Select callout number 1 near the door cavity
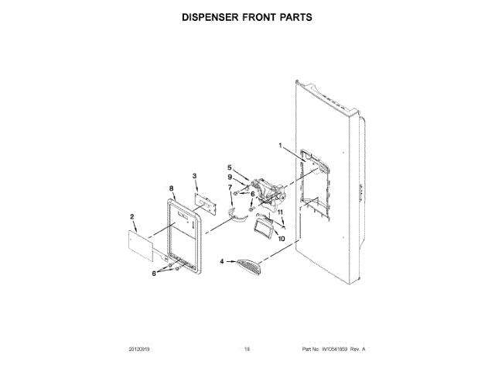click(281, 146)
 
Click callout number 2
click(132, 216)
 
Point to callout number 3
click(195, 177)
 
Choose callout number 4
click(222, 262)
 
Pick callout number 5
click(230, 167)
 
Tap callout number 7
click(230, 187)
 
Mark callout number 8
click(171, 188)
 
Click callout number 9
click(230, 177)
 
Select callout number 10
click(281, 239)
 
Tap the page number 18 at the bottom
click(247, 351)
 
